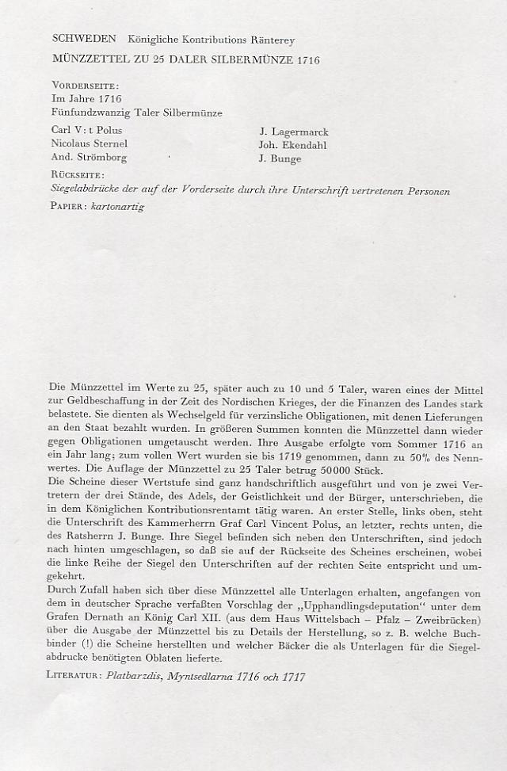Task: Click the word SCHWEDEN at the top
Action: click(x=83, y=38)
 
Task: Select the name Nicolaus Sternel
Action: click(x=89, y=143)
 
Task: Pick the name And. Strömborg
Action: click(x=89, y=157)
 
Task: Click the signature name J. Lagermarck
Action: click(x=293, y=132)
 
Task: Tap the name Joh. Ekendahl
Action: click(x=292, y=145)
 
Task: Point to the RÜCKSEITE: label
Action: click(x=78, y=175)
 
